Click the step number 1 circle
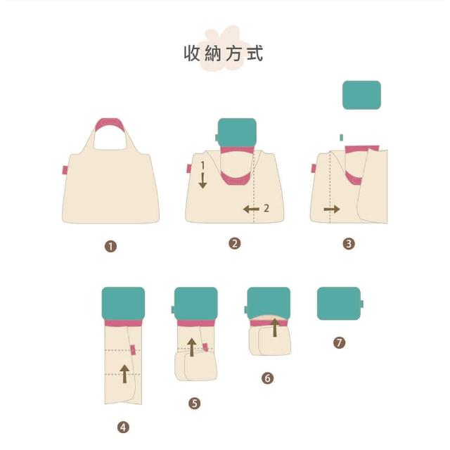coord(111,246)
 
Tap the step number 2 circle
coord(234,243)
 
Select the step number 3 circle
coord(349,243)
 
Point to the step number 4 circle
coord(123,427)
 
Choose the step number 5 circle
coord(194,403)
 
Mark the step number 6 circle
coord(267,378)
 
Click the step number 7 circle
coord(339,342)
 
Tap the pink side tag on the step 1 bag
coord(65,170)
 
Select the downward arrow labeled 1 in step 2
coord(202,181)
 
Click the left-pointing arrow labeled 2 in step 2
coord(251,209)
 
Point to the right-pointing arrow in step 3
coord(332,210)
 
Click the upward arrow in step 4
coord(124,373)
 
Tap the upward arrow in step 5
coord(192,347)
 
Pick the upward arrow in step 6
coord(275,327)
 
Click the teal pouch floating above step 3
coord(361,95)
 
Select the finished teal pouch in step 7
coord(339,303)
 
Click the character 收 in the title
coord(192,53)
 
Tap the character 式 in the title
coord(255,53)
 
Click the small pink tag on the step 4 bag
coord(133,350)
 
